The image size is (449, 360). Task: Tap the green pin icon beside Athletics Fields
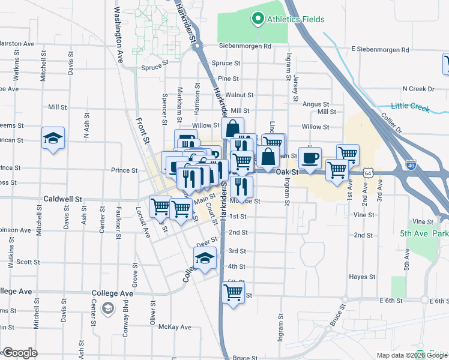(x=258, y=19)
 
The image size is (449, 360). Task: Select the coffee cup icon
(x=310, y=158)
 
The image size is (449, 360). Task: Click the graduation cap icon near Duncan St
(x=53, y=139)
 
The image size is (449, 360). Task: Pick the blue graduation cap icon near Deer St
(x=204, y=259)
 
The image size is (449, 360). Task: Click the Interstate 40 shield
(x=411, y=164)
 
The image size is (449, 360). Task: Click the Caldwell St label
(x=62, y=199)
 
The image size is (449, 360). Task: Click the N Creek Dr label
(x=418, y=89)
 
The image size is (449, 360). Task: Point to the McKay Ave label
(x=174, y=327)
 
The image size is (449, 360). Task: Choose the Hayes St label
(x=363, y=277)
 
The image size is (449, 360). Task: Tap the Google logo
(x=19, y=353)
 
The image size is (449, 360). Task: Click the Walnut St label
(x=240, y=95)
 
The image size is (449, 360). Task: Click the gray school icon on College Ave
(x=108, y=308)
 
